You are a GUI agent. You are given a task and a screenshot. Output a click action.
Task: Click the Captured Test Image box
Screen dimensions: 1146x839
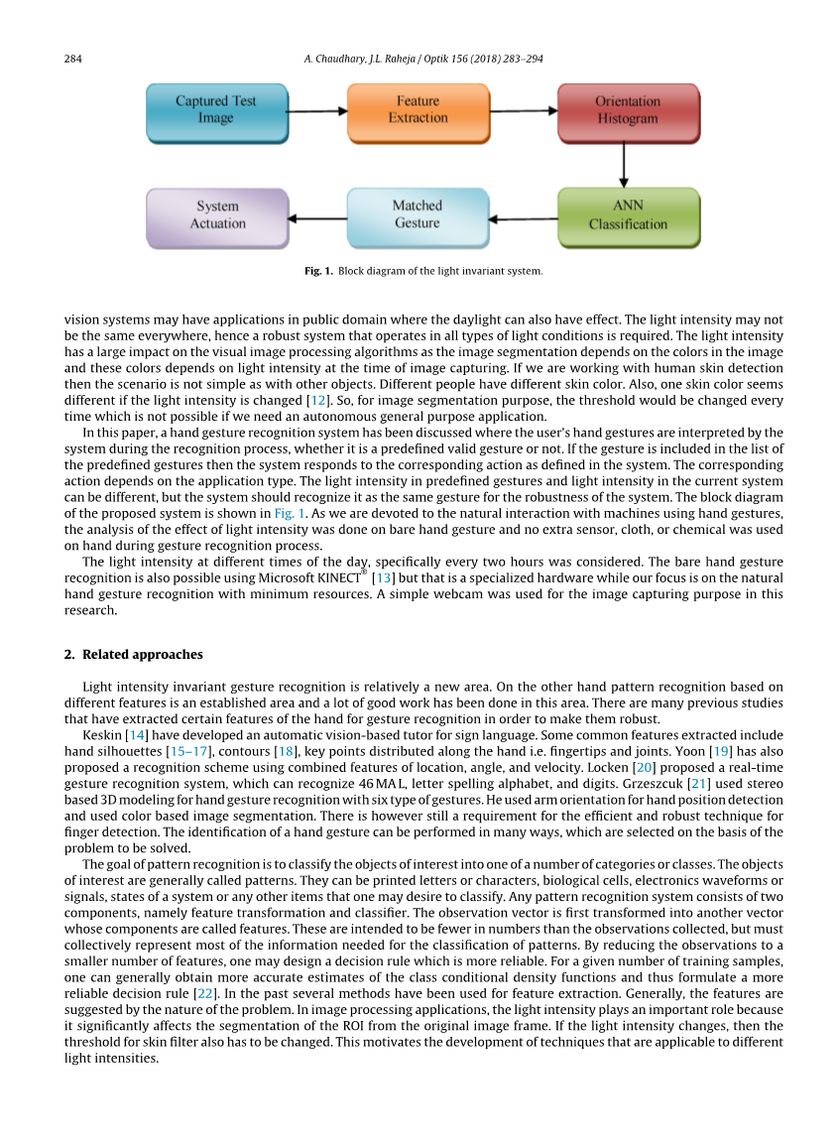tap(216, 110)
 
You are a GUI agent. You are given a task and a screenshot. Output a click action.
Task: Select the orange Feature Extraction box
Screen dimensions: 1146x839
tap(418, 110)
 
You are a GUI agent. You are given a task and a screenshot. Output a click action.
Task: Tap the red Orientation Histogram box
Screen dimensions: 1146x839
tap(627, 110)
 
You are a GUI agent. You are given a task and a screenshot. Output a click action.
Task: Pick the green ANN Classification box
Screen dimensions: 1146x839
tap(628, 215)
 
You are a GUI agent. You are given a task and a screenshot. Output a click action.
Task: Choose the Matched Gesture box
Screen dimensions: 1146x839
tap(417, 215)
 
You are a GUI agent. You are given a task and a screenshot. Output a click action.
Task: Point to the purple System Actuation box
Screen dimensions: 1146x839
tap(217, 215)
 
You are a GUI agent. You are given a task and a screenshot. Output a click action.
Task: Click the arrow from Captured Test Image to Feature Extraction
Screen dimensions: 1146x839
tap(316, 111)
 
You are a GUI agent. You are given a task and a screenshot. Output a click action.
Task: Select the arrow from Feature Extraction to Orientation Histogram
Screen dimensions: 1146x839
tap(523, 111)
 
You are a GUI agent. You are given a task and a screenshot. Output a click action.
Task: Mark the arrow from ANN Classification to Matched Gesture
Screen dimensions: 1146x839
tap(523, 217)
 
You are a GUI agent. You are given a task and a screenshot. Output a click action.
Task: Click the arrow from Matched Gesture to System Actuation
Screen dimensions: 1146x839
tap(316, 217)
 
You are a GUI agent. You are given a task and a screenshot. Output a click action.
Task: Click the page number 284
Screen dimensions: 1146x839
tap(72, 60)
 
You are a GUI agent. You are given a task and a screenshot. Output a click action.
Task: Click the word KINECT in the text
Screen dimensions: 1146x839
tap(341, 577)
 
